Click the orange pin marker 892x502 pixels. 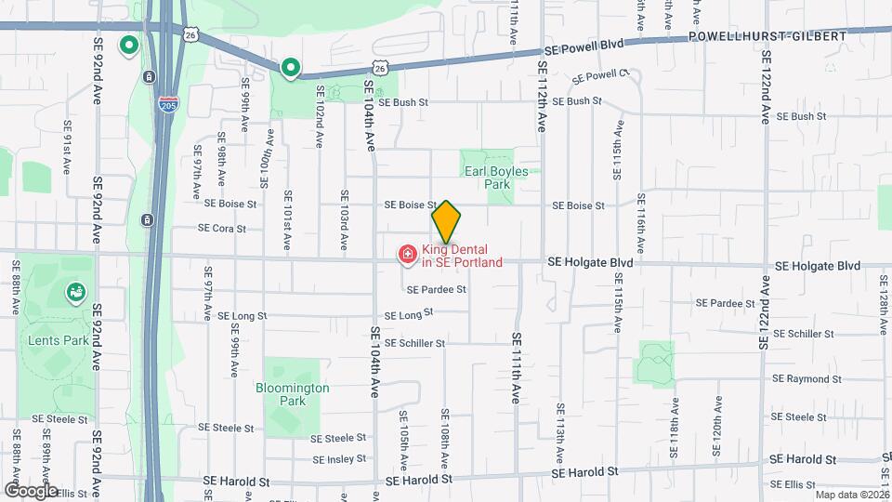point(446,221)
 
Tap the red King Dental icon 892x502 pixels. point(406,254)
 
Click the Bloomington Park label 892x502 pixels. point(292,393)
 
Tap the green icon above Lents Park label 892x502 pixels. point(74,294)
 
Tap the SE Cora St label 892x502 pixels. point(222,228)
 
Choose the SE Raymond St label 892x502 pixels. point(807,378)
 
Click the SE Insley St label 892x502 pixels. point(339,459)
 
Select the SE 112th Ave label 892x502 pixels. point(542,93)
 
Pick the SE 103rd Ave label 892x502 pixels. point(344,221)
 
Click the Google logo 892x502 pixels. point(31,490)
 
